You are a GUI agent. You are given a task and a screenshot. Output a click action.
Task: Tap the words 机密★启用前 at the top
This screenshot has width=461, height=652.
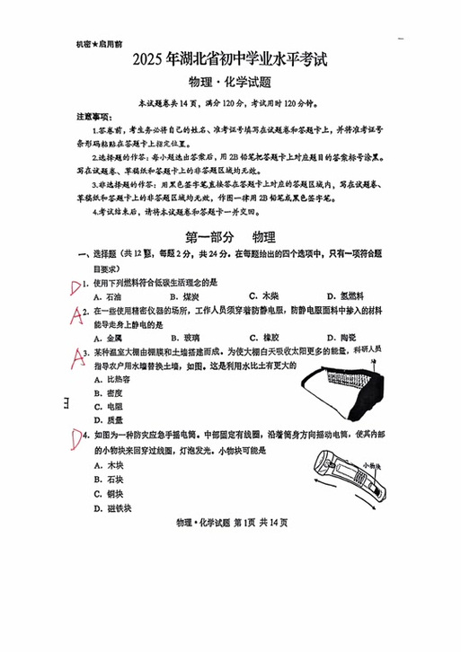click(100, 42)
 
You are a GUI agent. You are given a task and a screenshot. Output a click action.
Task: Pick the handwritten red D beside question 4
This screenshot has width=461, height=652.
click(77, 437)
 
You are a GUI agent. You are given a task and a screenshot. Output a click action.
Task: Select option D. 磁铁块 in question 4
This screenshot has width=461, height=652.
click(112, 507)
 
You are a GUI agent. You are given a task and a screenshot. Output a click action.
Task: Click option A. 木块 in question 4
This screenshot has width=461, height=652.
click(109, 465)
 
